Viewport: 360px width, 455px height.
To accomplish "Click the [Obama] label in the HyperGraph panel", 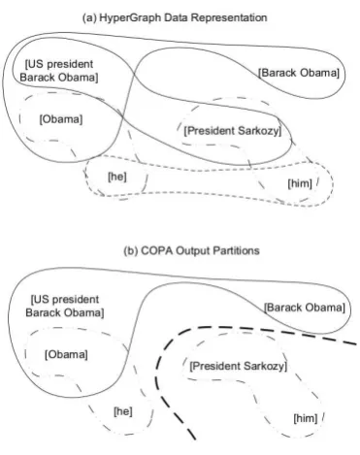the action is (61, 119).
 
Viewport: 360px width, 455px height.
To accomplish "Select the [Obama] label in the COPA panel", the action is (66, 354).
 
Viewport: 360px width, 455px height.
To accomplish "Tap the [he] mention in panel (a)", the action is (117, 177).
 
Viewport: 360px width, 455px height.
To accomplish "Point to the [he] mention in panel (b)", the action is (123, 411).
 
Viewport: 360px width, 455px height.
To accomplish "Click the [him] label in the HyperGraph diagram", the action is (300, 183).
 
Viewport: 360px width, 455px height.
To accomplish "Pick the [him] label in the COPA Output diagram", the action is (306, 418).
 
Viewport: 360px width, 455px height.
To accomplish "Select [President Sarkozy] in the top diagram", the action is (233, 131).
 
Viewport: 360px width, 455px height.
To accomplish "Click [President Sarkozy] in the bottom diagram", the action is (239, 366).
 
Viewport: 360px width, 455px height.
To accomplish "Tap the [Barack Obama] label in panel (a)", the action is (299, 73).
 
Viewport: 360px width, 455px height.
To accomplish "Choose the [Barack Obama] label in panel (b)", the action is (305, 308).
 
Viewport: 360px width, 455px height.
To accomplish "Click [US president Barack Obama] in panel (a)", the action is (59, 71).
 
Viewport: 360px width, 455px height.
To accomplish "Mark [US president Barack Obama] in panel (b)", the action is (65, 306).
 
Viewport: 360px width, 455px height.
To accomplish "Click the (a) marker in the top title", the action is (89, 17).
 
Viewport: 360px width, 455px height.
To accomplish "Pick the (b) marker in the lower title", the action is (131, 251).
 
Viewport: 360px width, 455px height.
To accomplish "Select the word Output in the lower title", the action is (193, 251).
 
